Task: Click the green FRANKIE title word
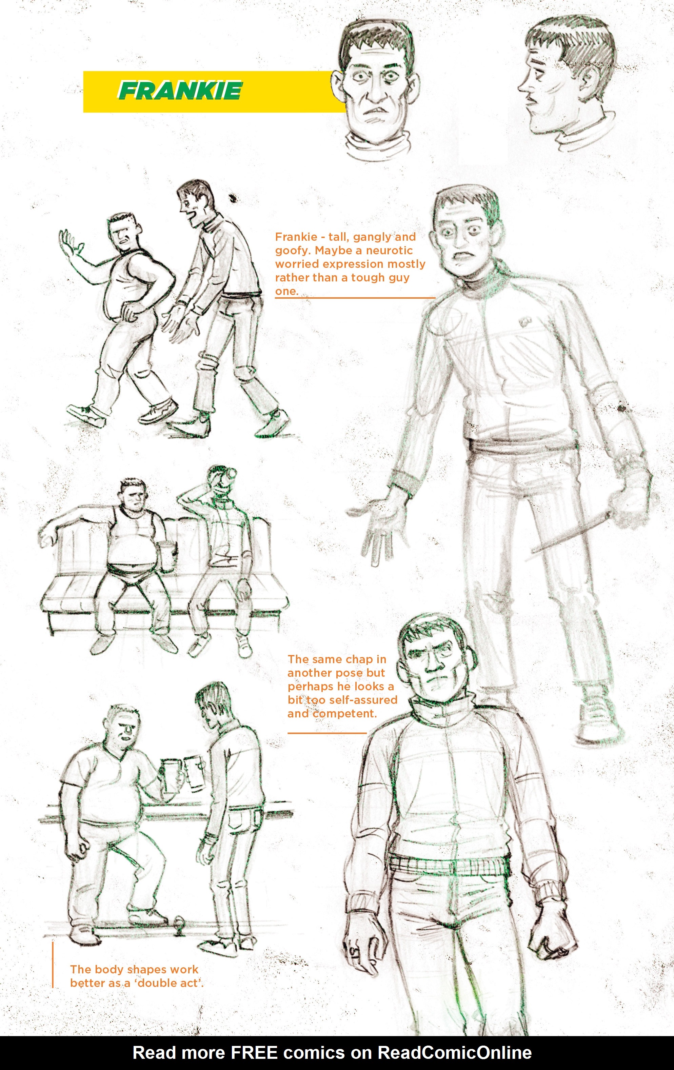click(x=180, y=91)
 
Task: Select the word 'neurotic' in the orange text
click(x=389, y=250)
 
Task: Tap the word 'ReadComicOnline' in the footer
click(x=455, y=1053)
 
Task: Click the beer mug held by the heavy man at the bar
click(x=169, y=775)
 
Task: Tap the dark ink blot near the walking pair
click(x=232, y=198)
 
